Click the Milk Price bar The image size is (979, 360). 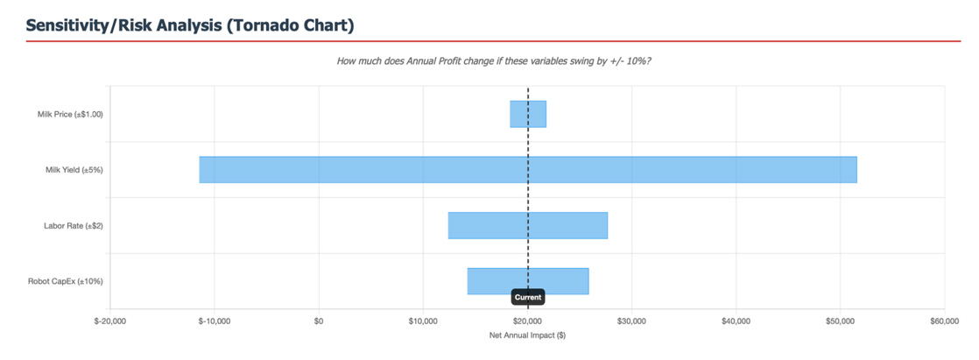pyautogui.click(x=528, y=114)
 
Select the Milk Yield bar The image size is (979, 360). pyautogui.click(x=527, y=170)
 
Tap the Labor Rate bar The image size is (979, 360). pyautogui.click(x=527, y=225)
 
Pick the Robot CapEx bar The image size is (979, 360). pyautogui.click(x=527, y=281)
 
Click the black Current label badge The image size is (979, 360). pyautogui.click(x=528, y=298)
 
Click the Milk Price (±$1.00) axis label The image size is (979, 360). pyautogui.click(x=70, y=114)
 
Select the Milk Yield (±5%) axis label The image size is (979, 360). pyautogui.click(x=74, y=170)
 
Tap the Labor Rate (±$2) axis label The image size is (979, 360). pyautogui.click(x=74, y=226)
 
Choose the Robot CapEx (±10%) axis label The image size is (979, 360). pyautogui.click(x=66, y=281)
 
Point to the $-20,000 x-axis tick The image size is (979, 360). pyautogui.click(x=110, y=321)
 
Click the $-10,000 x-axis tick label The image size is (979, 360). pyautogui.click(x=215, y=321)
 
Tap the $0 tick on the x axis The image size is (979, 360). pyautogui.click(x=319, y=321)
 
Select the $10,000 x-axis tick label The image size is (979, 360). pyautogui.click(x=423, y=321)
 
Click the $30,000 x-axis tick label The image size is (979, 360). pyautogui.click(x=631, y=321)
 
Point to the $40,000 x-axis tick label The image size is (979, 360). pyautogui.click(x=736, y=321)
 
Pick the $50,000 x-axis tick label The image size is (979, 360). pyautogui.click(x=840, y=321)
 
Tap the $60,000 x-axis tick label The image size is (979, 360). pyautogui.click(x=944, y=321)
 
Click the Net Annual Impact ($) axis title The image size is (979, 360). pyautogui.click(x=527, y=335)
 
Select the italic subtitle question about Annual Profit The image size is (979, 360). pyautogui.click(x=494, y=61)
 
